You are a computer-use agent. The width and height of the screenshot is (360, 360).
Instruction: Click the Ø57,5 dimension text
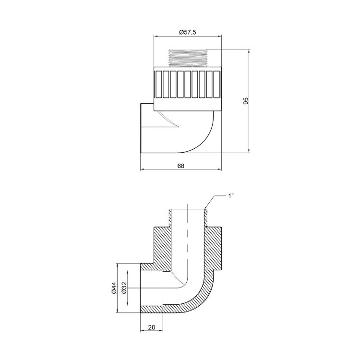(188, 32)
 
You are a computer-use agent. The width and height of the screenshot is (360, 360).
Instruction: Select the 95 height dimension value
(246, 101)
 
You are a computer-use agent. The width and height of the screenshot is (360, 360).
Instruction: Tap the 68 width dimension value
(181, 166)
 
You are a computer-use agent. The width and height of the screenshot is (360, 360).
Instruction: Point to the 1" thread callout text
(231, 196)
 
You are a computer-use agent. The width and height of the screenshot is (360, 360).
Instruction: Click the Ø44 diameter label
(114, 288)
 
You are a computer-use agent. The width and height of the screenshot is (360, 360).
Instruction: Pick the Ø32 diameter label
(124, 288)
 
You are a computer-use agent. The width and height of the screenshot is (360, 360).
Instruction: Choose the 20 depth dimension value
(152, 327)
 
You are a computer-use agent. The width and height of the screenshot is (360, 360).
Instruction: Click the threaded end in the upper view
(188, 58)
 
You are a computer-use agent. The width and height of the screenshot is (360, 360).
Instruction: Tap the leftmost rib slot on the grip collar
(159, 84)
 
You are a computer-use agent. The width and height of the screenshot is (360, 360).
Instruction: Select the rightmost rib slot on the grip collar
(217, 84)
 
